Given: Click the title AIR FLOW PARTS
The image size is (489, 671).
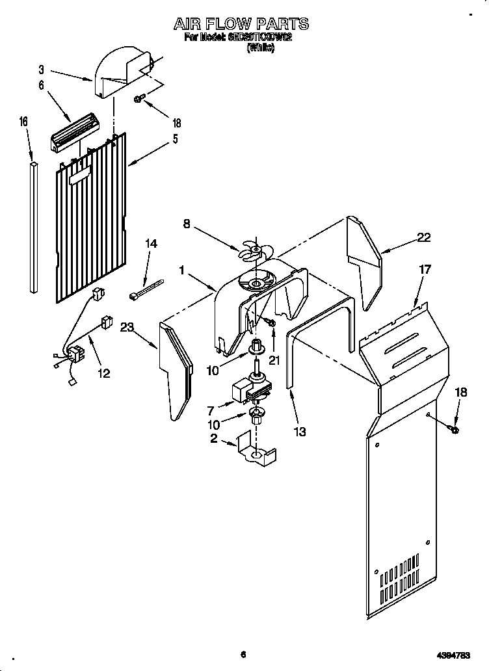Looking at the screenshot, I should [241, 24].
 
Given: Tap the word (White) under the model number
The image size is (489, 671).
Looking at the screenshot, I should [260, 47].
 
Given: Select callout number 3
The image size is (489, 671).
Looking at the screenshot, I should [41, 69].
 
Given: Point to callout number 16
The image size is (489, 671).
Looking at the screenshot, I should [23, 121].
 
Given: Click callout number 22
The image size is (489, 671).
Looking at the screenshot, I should [423, 238].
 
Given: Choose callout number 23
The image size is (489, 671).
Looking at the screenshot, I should [127, 328].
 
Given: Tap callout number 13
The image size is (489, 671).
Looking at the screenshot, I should [299, 431].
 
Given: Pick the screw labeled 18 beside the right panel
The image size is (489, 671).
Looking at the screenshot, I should [453, 428].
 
